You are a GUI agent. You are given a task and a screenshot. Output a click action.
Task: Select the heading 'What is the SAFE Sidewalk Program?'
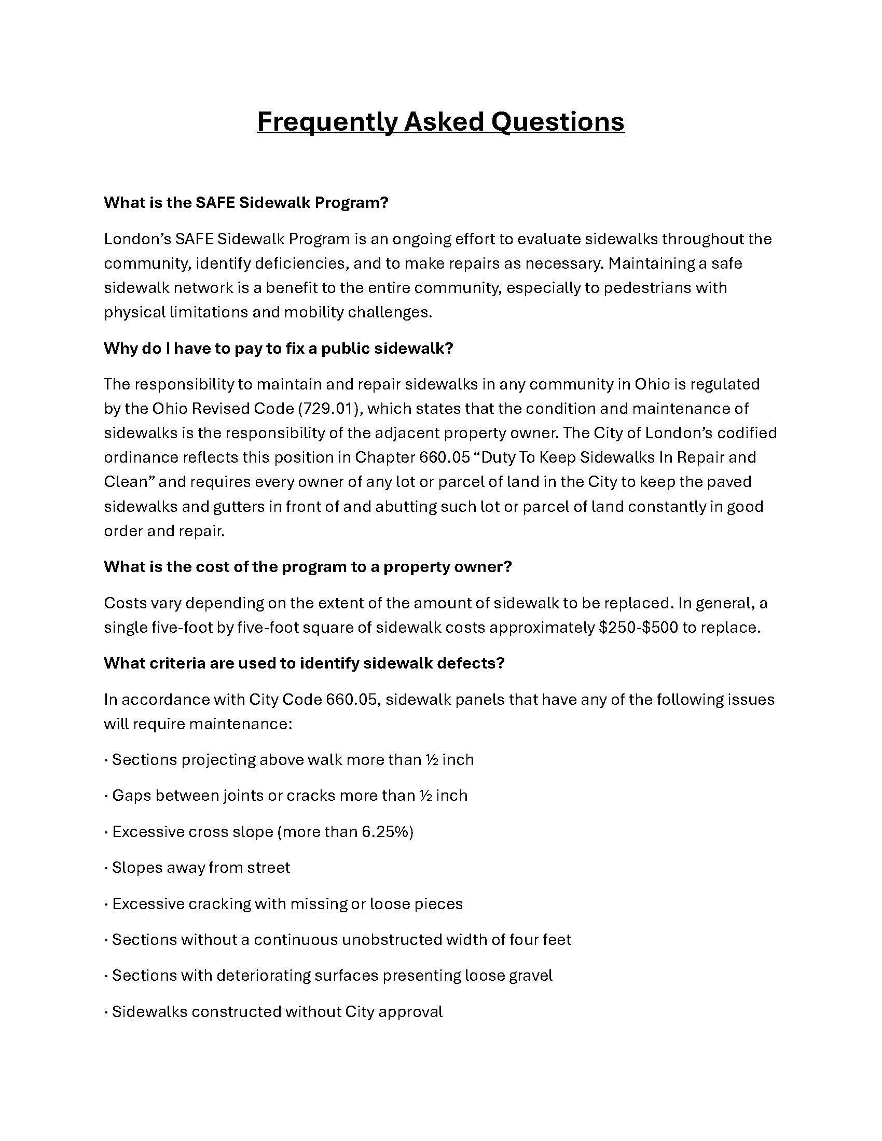point(246,203)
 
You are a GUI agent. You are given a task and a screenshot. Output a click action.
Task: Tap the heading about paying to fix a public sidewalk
point(278,349)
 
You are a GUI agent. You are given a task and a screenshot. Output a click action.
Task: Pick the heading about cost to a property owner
point(307,567)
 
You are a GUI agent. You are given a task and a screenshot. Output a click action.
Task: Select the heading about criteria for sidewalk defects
point(304,663)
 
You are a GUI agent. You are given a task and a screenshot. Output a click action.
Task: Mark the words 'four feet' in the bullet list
point(541,939)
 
